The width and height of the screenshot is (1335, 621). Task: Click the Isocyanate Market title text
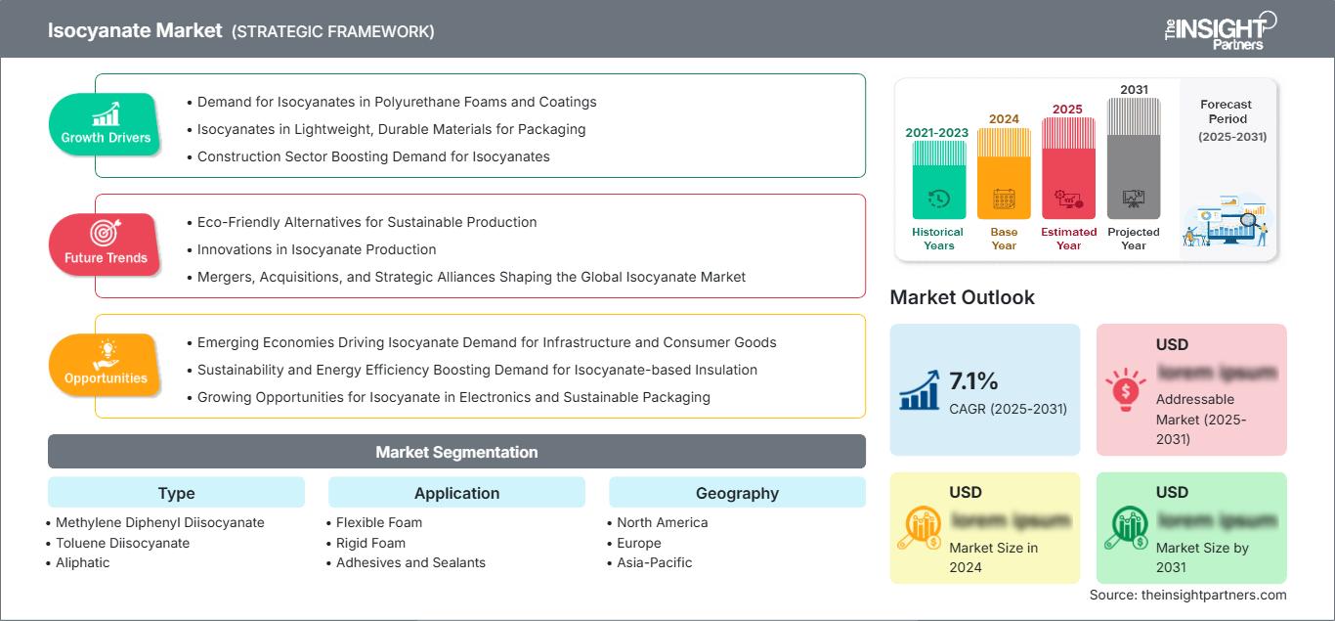(135, 30)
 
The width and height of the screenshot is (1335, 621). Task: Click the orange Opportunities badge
(106, 365)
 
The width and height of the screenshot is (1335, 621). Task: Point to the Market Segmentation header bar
(456, 452)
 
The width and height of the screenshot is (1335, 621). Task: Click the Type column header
(176, 493)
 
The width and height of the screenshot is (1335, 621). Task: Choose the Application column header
(456, 493)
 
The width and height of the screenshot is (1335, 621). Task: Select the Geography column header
(737, 493)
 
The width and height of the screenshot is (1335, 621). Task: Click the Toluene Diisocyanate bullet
(122, 543)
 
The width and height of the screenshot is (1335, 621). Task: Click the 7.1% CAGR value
(973, 380)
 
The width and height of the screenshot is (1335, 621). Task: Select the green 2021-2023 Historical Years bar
(938, 180)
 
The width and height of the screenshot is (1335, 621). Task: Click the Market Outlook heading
(962, 297)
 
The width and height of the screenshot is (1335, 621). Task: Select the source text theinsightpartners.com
(1187, 595)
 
